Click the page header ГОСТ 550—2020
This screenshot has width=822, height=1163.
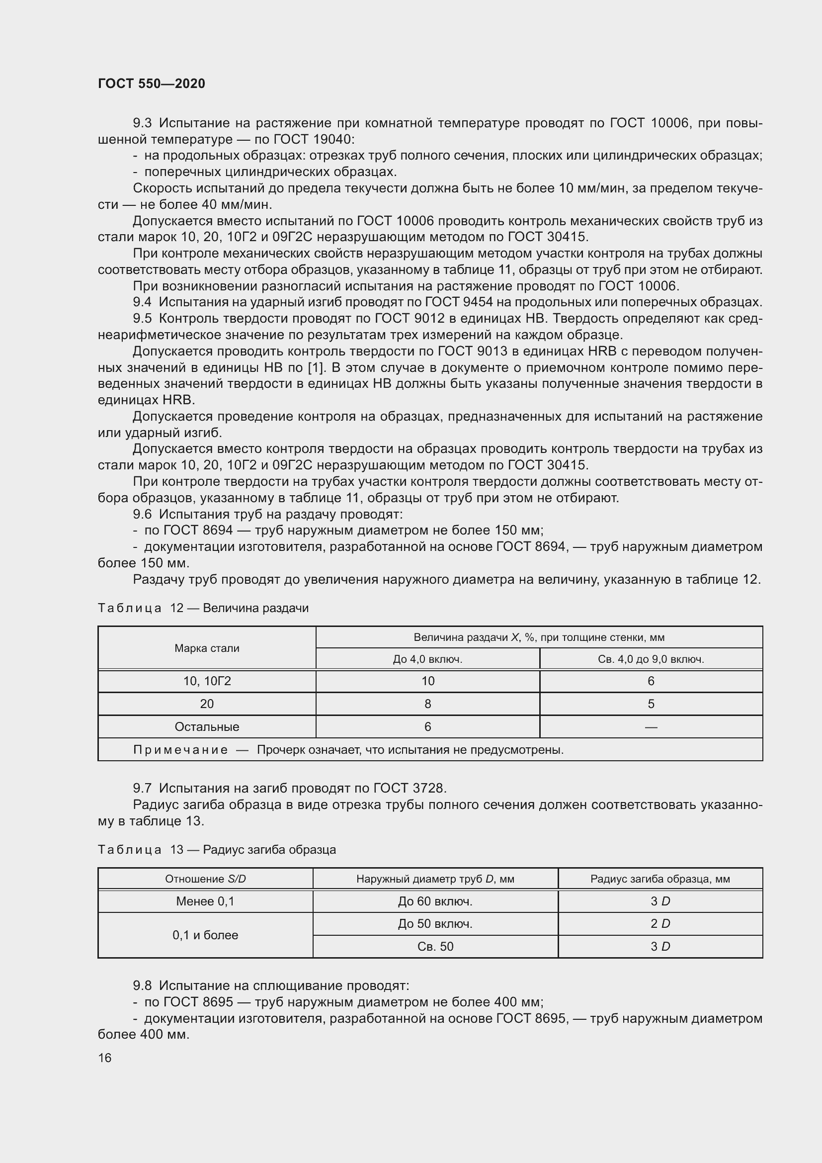pyautogui.click(x=152, y=84)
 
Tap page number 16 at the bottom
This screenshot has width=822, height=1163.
pyautogui.click(x=105, y=1058)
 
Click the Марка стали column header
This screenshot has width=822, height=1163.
pyautogui.click(x=207, y=648)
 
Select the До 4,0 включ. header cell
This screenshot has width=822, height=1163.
pyautogui.click(x=428, y=659)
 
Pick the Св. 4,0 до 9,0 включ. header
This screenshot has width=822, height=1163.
pyautogui.click(x=651, y=659)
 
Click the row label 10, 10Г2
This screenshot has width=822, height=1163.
pyautogui.click(x=207, y=681)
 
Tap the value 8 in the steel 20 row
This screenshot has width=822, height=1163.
pyautogui.click(x=428, y=704)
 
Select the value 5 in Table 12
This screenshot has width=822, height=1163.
pyautogui.click(x=651, y=704)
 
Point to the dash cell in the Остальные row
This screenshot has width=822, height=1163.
pyautogui.click(x=651, y=727)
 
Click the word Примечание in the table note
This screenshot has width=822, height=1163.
pyautogui.click(x=180, y=750)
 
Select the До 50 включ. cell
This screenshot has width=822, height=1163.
pyautogui.click(x=435, y=924)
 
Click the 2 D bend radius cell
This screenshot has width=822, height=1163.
pyautogui.click(x=660, y=924)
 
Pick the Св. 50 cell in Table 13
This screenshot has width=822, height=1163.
pyautogui.click(x=435, y=946)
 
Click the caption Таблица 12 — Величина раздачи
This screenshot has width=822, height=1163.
pyautogui.click(x=203, y=608)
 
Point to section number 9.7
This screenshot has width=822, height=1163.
pyautogui.click(x=142, y=788)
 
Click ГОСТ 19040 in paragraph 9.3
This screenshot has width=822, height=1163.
pyautogui.click(x=314, y=139)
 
